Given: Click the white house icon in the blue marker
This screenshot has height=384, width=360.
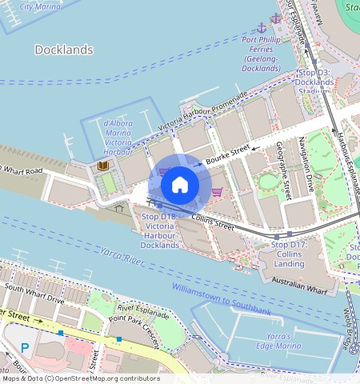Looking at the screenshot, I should tap(180, 185).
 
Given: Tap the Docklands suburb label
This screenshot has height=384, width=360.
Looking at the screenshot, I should tap(65, 50).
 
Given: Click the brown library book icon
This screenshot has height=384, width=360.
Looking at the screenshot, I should tap(102, 166).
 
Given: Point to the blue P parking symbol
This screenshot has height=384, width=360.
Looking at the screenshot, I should tap(24, 348).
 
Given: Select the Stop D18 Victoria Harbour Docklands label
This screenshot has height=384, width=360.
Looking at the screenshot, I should tap(159, 230).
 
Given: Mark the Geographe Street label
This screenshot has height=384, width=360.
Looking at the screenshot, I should tap(282, 167).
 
